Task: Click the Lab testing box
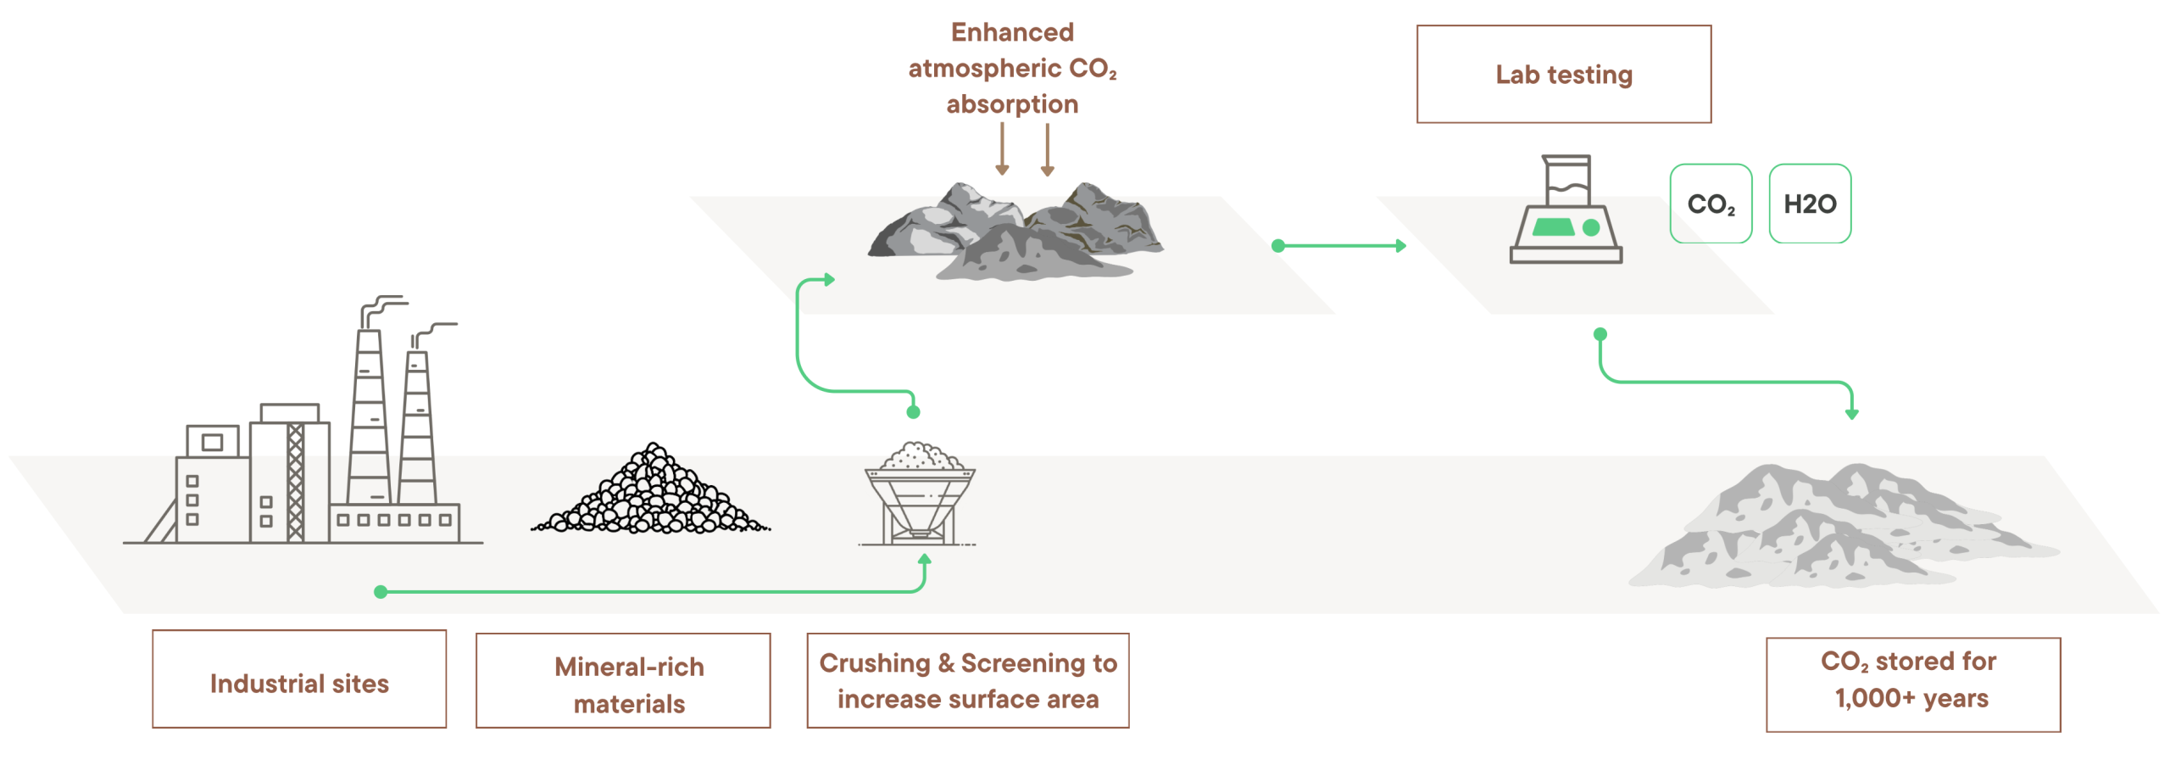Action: click(x=1563, y=75)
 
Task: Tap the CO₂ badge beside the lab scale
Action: click(x=1710, y=204)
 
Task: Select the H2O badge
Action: click(x=1809, y=204)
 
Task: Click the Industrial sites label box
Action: click(x=298, y=679)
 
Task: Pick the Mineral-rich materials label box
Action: click(x=622, y=680)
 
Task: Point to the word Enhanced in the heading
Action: click(x=1011, y=32)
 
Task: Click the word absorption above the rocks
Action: click(x=1011, y=104)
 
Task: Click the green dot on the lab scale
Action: click(x=1590, y=227)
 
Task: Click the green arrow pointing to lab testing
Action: click(x=1339, y=246)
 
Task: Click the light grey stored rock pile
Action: click(x=1839, y=530)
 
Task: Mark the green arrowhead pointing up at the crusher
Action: click(x=924, y=560)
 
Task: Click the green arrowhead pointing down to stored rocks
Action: click(x=1851, y=413)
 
